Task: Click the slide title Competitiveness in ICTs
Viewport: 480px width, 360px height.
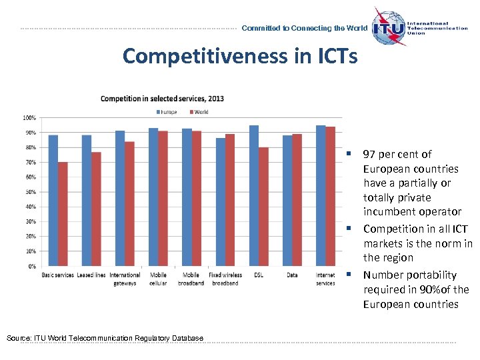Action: (240, 56)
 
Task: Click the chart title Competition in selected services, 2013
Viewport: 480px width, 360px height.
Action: (162, 99)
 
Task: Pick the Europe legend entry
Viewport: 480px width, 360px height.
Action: (167, 112)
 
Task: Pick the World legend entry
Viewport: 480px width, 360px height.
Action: (199, 112)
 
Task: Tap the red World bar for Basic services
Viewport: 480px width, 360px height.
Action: (63, 213)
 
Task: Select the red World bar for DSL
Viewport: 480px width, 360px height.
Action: (263, 207)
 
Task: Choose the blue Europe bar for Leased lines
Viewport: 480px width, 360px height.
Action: (87, 200)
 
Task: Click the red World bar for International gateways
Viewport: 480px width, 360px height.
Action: (129, 203)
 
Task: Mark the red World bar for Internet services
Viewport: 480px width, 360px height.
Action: (330, 196)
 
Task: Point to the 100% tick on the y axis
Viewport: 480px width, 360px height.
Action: (29, 118)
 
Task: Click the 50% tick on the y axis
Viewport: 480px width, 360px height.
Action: (30, 192)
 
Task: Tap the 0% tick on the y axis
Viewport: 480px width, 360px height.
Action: (31, 266)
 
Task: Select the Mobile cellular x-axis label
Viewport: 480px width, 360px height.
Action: (158, 279)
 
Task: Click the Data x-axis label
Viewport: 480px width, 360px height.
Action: (292, 275)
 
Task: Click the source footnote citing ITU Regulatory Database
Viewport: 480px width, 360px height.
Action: (105, 339)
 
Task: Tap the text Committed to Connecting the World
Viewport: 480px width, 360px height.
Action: (304, 28)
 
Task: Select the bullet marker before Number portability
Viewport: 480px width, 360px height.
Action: (348, 275)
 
